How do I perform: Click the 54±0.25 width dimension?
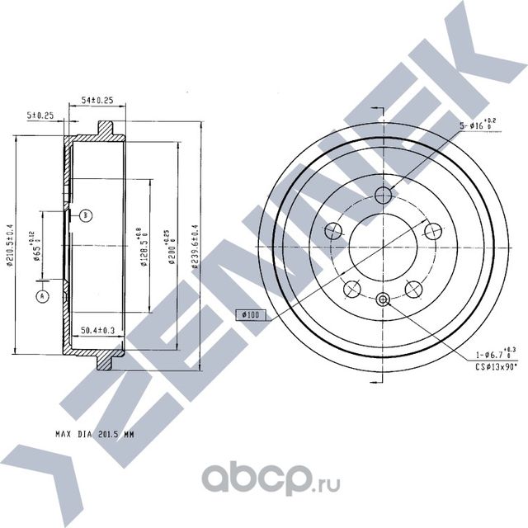pyautogui.click(x=98, y=100)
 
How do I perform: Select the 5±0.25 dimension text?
pyautogui.click(x=39, y=116)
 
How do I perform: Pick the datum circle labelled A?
pyautogui.click(x=43, y=295)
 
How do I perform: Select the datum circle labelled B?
pyautogui.click(x=86, y=215)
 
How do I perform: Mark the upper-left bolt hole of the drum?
pyautogui.click(x=334, y=230)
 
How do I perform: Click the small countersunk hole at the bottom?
pyautogui.click(x=383, y=299)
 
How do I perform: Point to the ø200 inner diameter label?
pyautogui.click(x=167, y=244)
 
